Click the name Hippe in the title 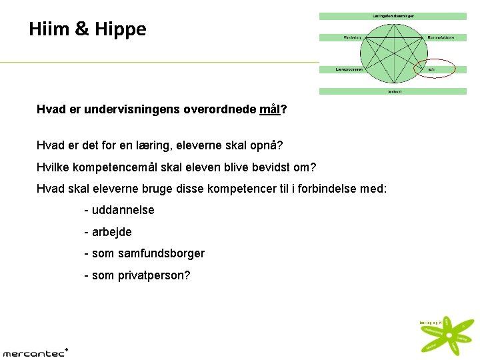click(121, 30)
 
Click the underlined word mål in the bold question click(270, 109)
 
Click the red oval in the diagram click(433, 69)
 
